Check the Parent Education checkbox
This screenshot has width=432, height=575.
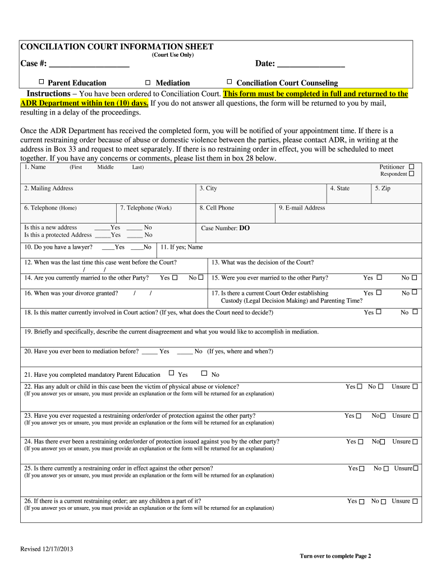click(x=41, y=82)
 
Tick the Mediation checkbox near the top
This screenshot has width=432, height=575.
click(x=148, y=82)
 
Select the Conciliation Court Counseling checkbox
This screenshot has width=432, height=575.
click(x=229, y=82)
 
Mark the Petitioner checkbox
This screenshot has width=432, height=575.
click(x=411, y=167)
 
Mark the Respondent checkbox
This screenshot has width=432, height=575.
click(x=411, y=174)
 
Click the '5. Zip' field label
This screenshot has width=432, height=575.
click(x=383, y=188)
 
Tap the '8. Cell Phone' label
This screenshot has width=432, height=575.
click(x=217, y=208)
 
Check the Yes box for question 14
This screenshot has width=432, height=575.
click(x=174, y=277)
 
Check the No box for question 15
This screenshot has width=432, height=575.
click(x=415, y=277)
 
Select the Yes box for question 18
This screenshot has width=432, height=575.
click(x=379, y=312)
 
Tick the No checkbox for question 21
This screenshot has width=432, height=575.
click(x=204, y=373)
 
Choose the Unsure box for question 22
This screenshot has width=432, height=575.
click(x=415, y=386)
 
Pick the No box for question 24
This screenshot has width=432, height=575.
click(x=383, y=442)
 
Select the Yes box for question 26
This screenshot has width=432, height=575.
click(x=362, y=501)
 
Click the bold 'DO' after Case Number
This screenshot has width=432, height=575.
click(x=244, y=228)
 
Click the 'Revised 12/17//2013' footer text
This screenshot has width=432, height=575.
click(x=47, y=548)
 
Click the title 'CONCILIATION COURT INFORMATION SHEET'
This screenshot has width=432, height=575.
click(x=117, y=47)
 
